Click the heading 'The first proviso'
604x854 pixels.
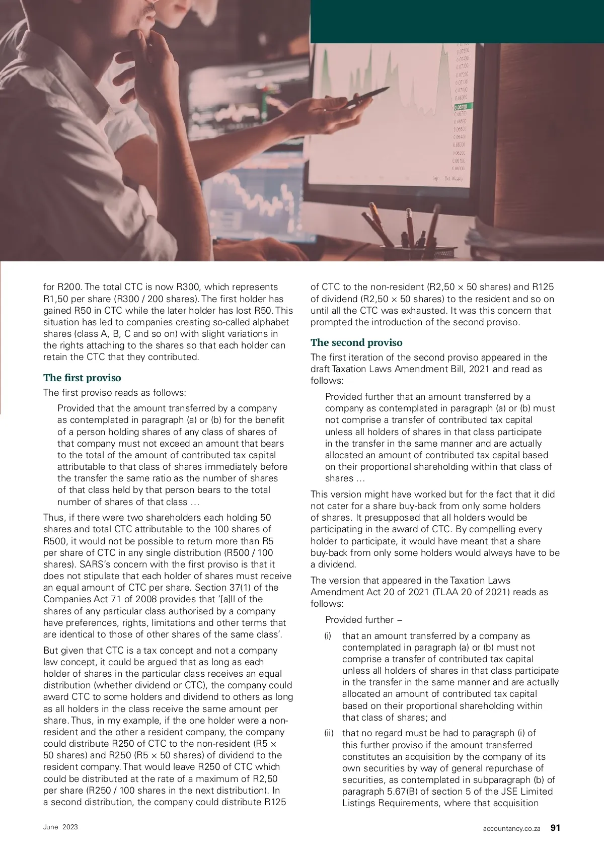point(82,378)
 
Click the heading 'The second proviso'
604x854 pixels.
point(356,342)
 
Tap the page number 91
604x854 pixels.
point(555,828)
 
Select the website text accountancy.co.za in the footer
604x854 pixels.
point(511,828)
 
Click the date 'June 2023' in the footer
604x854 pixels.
point(60,827)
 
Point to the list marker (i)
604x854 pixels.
point(328,636)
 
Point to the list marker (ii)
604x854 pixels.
point(329,733)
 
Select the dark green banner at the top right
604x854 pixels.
point(457,21)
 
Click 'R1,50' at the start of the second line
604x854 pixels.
point(55,299)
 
